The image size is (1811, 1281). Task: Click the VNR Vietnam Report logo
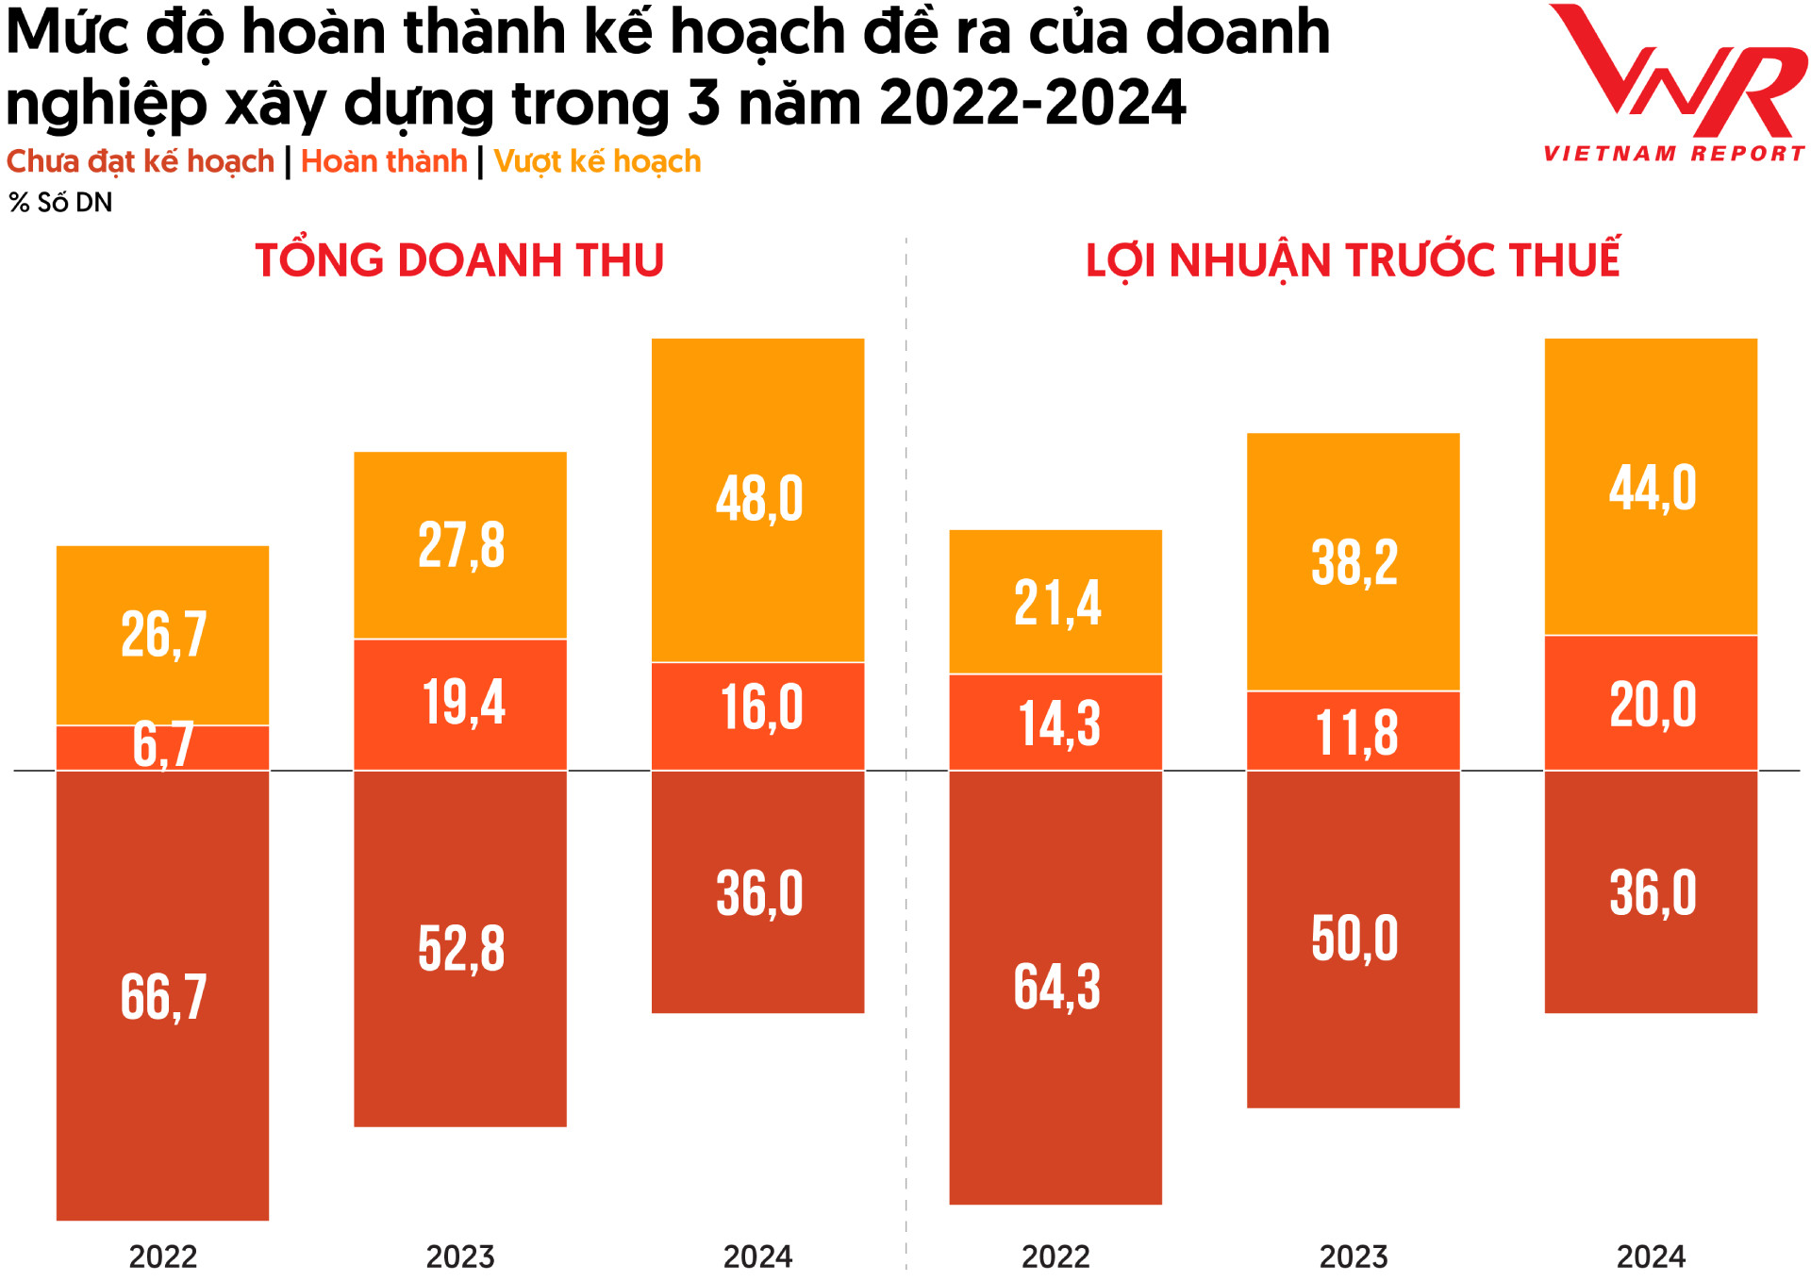click(1674, 85)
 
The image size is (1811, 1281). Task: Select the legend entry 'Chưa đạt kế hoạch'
click(140, 162)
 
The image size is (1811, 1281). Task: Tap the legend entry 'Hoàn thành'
click(384, 162)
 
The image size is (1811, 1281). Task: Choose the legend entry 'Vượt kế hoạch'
click(597, 162)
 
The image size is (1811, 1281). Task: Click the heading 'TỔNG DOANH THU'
click(459, 260)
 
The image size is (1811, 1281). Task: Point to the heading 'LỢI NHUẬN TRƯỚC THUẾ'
click(1353, 260)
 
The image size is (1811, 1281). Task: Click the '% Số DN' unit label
click(60, 203)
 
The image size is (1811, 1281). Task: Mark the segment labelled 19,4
click(460, 705)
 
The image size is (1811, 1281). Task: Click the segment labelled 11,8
click(1353, 732)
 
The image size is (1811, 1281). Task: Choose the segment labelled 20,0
click(1651, 704)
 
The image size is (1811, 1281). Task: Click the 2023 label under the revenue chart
click(460, 1256)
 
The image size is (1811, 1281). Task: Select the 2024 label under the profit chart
click(1651, 1256)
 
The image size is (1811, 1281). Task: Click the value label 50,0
click(1354, 940)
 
